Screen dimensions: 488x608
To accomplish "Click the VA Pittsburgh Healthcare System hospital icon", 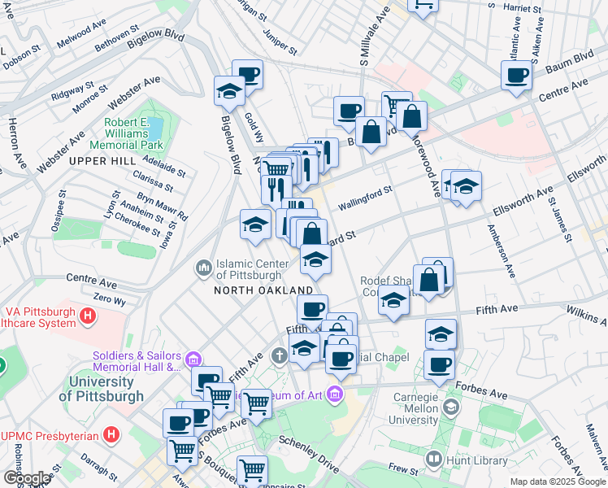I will pos(87,313).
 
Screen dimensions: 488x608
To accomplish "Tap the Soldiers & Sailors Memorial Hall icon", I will pos(193,359).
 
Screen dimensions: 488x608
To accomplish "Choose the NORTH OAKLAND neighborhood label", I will pos(263,290).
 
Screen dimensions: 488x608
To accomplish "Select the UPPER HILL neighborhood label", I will pos(102,161).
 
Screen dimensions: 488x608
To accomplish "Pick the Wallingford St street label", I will pos(366,196).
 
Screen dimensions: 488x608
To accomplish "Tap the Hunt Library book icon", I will pos(432,460).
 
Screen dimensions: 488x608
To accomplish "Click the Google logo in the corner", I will pos(26,478).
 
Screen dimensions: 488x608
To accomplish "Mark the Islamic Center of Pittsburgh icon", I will pos(202,267).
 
